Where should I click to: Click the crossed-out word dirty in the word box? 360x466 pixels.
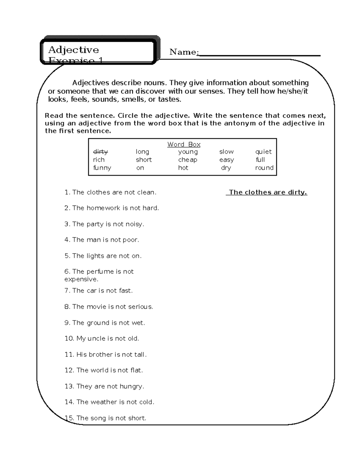tap(100, 152)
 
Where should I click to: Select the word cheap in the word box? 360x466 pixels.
tap(187, 160)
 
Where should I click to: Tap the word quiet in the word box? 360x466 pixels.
tap(263, 152)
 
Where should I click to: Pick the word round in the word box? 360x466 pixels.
tap(264, 168)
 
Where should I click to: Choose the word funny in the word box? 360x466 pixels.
tap(102, 168)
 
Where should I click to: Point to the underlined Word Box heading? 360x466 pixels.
tap(184, 144)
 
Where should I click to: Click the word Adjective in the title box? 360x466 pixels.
tap(73, 50)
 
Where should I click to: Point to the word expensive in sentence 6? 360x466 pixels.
tap(81, 279)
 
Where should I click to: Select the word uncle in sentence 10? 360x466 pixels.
tap(96, 338)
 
